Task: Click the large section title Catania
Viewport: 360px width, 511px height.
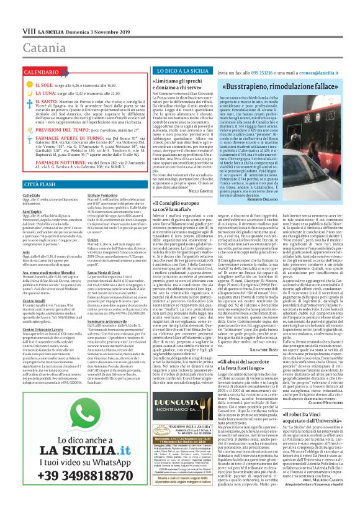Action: (x=32, y=29)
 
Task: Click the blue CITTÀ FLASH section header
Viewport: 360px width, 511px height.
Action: (x=24, y=185)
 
